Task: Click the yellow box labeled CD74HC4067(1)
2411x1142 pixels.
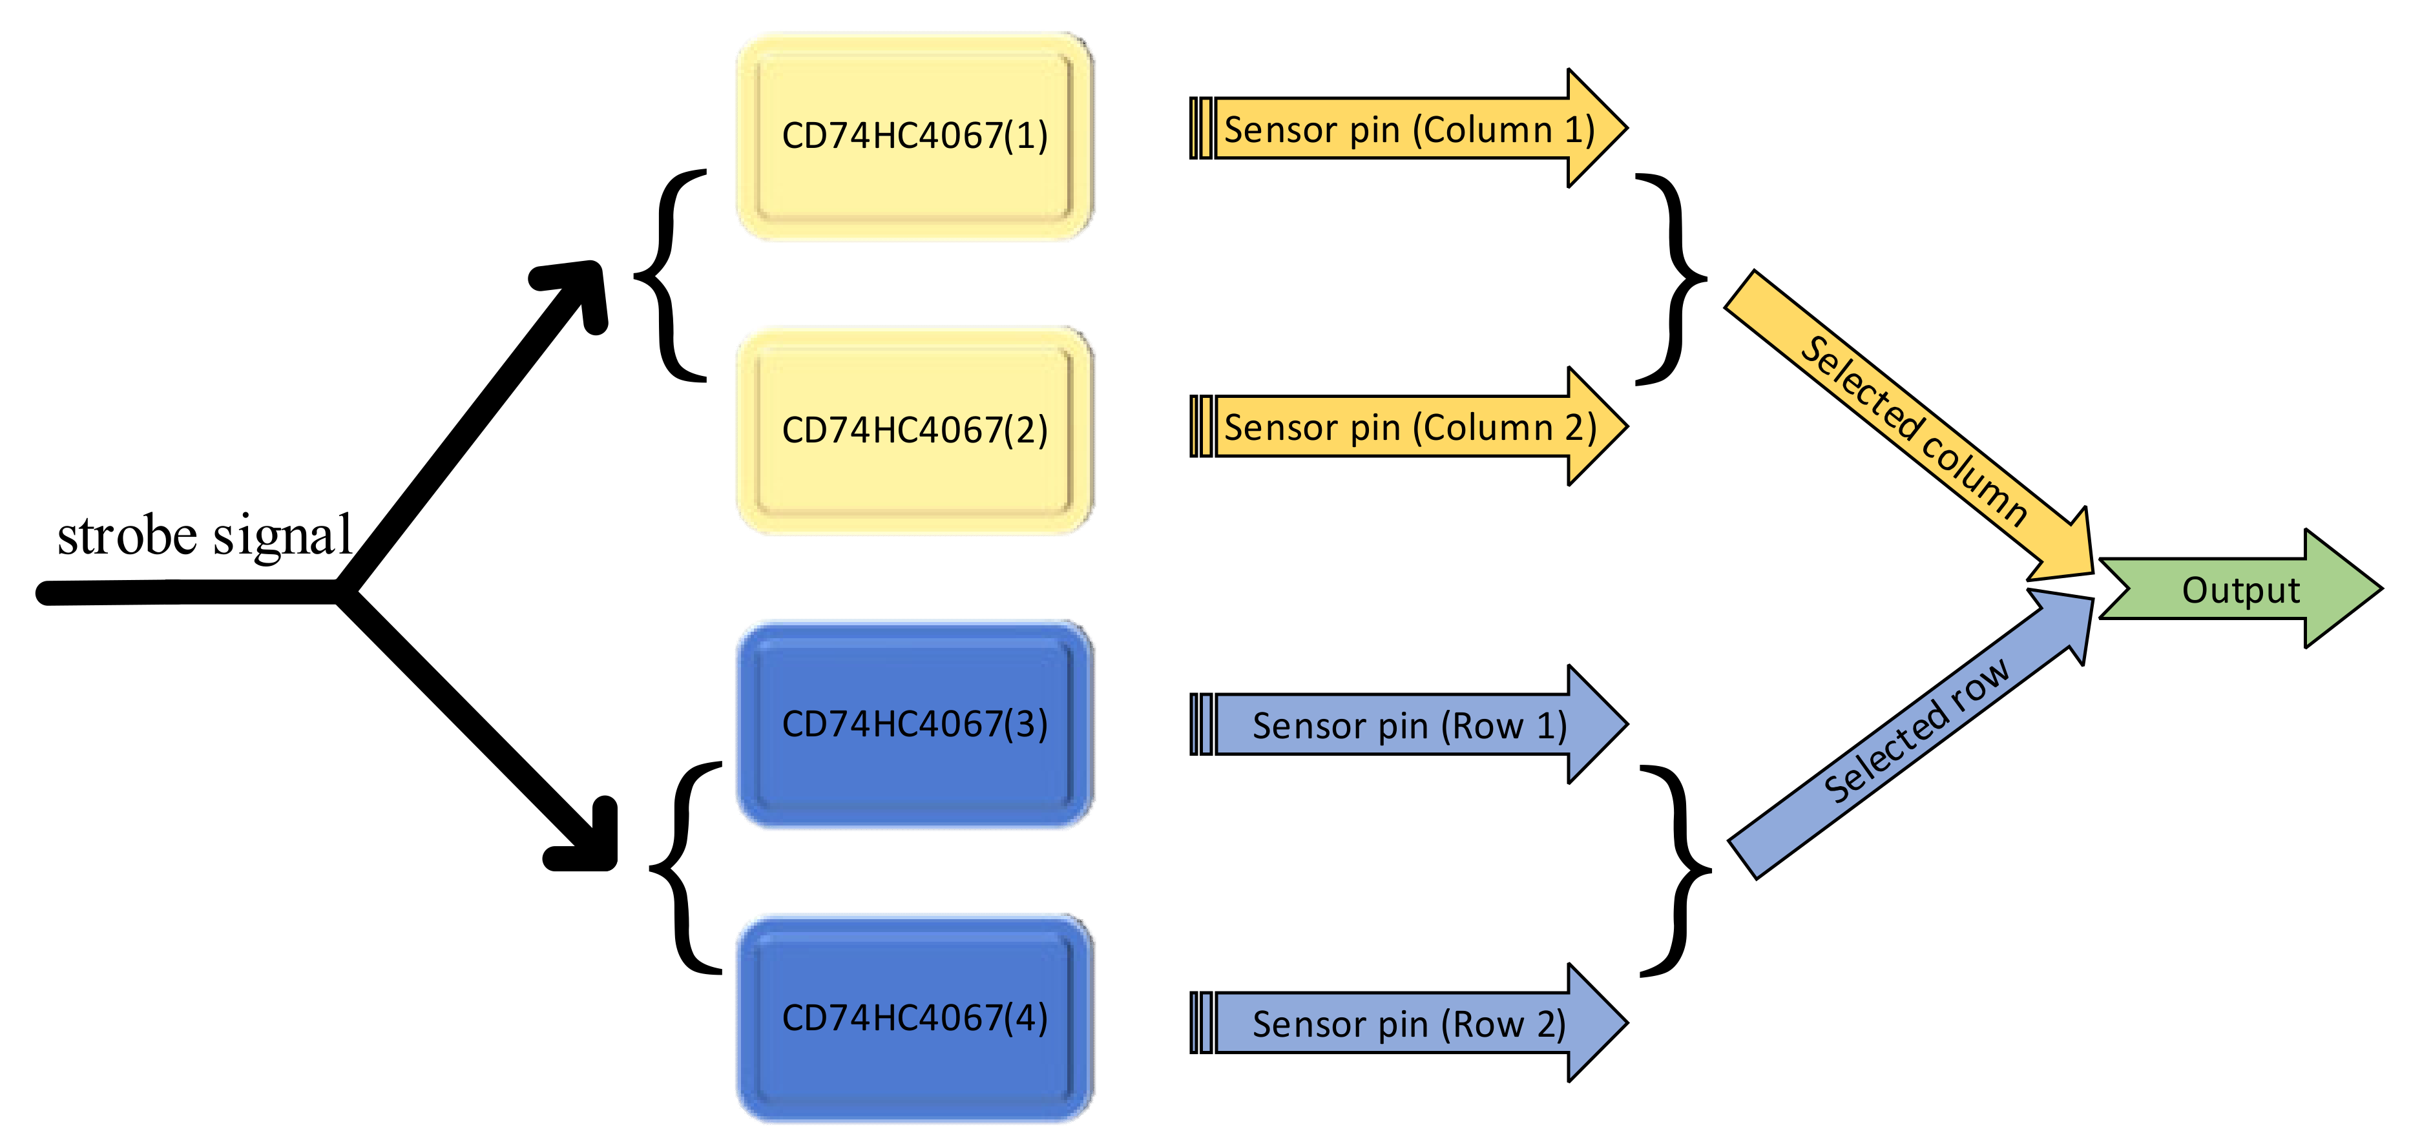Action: coord(914,137)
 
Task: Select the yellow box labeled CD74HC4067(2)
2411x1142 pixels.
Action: coord(914,431)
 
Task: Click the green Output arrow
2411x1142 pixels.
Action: coord(2240,590)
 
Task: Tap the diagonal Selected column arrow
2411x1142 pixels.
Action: coord(1909,426)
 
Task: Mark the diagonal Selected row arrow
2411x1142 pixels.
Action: coord(1909,735)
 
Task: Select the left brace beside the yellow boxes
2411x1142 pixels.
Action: coord(667,276)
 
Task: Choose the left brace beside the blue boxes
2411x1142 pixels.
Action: coord(684,867)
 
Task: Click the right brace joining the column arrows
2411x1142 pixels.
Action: coord(1675,279)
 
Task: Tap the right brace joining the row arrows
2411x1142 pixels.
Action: coord(1680,871)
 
